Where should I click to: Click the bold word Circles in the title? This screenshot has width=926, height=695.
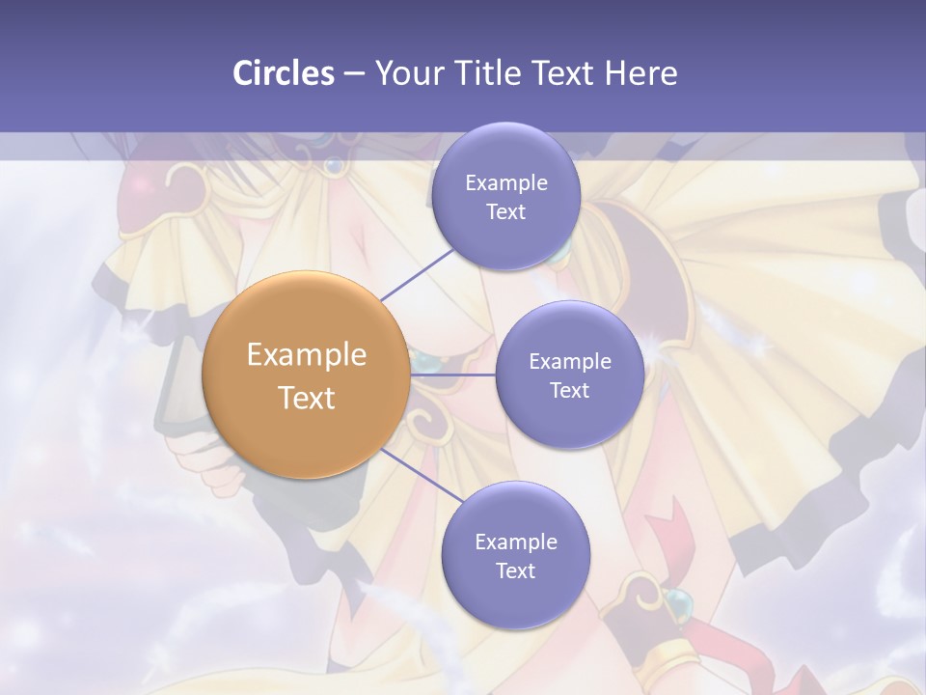coord(283,73)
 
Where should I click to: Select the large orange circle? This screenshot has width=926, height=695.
coord(307,375)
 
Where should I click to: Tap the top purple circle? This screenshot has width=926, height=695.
coord(505,197)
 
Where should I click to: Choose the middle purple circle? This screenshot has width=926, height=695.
coord(569,375)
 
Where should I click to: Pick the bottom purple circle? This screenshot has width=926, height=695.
coord(515,555)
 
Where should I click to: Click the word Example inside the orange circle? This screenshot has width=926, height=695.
coord(307,355)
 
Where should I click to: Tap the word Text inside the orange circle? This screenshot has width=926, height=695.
coord(307,397)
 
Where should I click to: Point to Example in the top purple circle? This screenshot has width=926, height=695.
coord(505,183)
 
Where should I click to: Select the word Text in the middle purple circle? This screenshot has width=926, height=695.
coord(569,390)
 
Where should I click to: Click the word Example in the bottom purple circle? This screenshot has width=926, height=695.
coord(515,542)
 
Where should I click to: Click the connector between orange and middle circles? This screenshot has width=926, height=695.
coord(453,374)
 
